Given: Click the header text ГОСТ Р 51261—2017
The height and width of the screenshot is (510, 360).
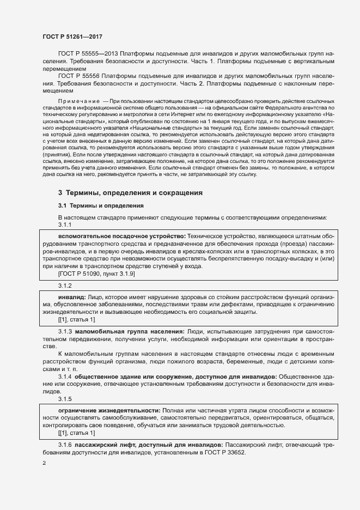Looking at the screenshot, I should pos(72,37).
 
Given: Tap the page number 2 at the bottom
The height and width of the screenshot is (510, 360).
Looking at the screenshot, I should pos(44,463).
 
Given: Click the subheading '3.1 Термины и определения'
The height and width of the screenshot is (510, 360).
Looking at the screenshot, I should pos(101,205).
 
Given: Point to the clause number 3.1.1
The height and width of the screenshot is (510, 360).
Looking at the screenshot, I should pos(65,224).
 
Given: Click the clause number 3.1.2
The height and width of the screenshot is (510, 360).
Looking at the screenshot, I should pos(65,286).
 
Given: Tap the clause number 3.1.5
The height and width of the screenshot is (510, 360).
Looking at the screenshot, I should pos(65,399).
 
